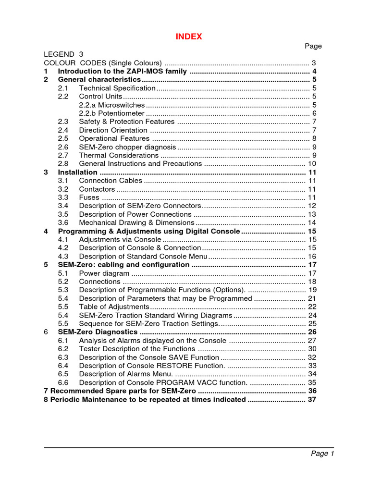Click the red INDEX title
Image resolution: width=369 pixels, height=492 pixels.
(189, 37)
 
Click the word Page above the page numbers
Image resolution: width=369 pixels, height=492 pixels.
(313, 46)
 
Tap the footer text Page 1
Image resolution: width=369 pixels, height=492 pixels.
(322, 454)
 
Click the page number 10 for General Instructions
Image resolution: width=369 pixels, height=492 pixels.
(312, 164)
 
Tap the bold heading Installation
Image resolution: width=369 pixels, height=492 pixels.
(77, 172)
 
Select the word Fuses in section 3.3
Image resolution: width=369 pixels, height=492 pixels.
(89, 197)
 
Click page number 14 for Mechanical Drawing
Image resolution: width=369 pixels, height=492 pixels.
(312, 222)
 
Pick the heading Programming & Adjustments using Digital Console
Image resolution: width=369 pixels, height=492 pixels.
(148, 231)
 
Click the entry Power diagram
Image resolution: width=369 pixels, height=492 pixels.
(104, 273)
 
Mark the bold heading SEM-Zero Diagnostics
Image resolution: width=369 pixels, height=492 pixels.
(98, 332)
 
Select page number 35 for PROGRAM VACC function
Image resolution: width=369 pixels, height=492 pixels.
(312, 382)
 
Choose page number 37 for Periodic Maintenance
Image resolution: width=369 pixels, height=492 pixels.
(312, 399)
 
